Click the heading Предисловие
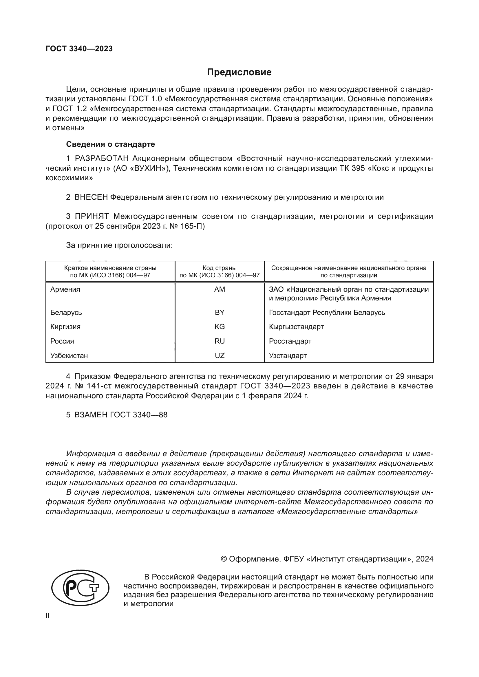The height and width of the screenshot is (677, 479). point(239,72)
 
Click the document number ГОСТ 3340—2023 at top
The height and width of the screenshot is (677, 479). point(79,49)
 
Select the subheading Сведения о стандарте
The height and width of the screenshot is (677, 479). point(110,144)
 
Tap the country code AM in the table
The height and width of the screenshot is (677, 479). point(220,289)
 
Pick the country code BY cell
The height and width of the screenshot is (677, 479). point(220,312)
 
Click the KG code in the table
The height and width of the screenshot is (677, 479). point(220,327)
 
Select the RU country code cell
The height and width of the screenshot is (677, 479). point(220,341)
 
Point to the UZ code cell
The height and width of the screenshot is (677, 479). point(220,356)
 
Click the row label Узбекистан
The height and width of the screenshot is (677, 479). point(69,356)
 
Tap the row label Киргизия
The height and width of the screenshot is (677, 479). point(65,327)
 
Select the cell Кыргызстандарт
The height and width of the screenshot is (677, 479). point(296,327)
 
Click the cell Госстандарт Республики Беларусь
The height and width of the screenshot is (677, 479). point(327,312)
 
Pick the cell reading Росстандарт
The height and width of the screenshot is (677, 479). point(290,341)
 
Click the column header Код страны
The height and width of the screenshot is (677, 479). point(220,268)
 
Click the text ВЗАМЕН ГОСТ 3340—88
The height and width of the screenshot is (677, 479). point(121,414)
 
